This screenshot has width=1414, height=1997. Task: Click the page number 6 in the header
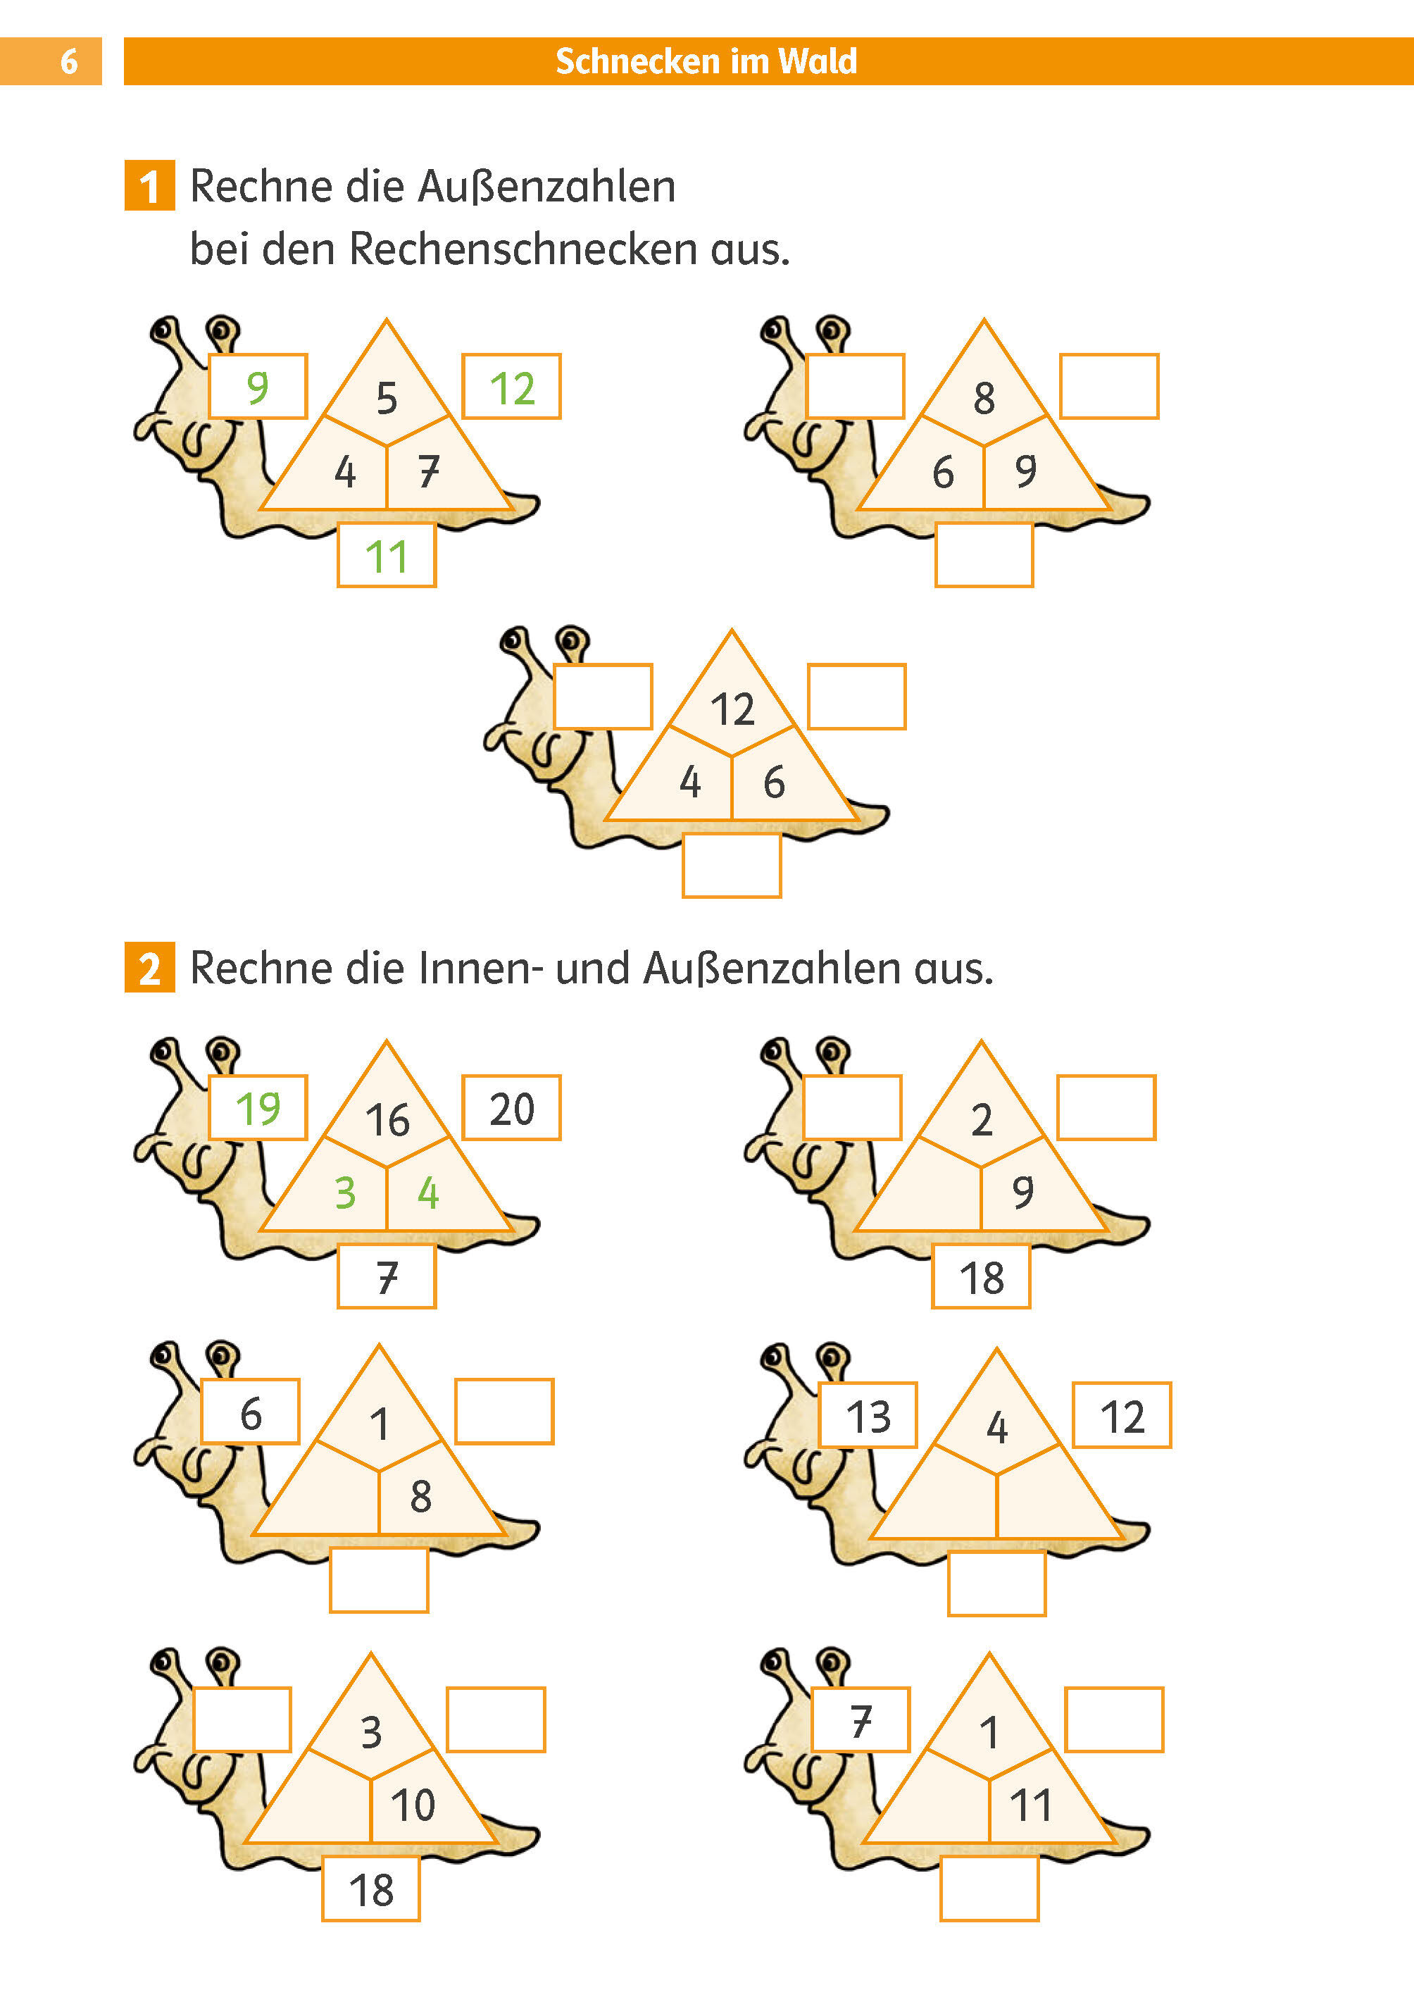69,61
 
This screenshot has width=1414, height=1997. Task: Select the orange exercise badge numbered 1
150,185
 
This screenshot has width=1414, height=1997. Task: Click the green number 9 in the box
258,387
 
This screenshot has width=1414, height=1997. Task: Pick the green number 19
258,1108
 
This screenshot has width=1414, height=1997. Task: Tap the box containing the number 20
511,1108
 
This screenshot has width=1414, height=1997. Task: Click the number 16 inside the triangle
387,1120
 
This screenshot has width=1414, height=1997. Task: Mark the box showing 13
868,1415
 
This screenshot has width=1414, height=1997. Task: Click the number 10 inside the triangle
413,1805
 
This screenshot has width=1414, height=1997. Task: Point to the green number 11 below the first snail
387,557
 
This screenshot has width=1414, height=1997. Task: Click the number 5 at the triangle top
387,398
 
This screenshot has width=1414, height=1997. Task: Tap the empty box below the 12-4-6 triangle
732,866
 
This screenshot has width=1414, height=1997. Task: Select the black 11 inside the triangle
1031,1805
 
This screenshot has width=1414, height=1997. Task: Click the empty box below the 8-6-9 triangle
984,556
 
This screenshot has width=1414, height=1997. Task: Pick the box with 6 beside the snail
251,1412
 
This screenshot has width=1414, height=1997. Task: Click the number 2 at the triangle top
981,1120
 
